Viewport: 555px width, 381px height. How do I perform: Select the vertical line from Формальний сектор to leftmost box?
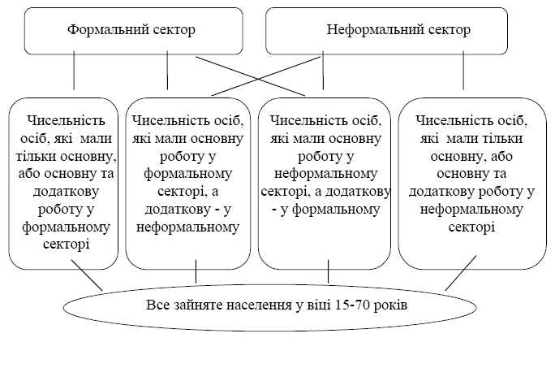click(x=74, y=71)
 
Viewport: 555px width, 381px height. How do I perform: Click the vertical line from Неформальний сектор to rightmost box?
click(x=463, y=71)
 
